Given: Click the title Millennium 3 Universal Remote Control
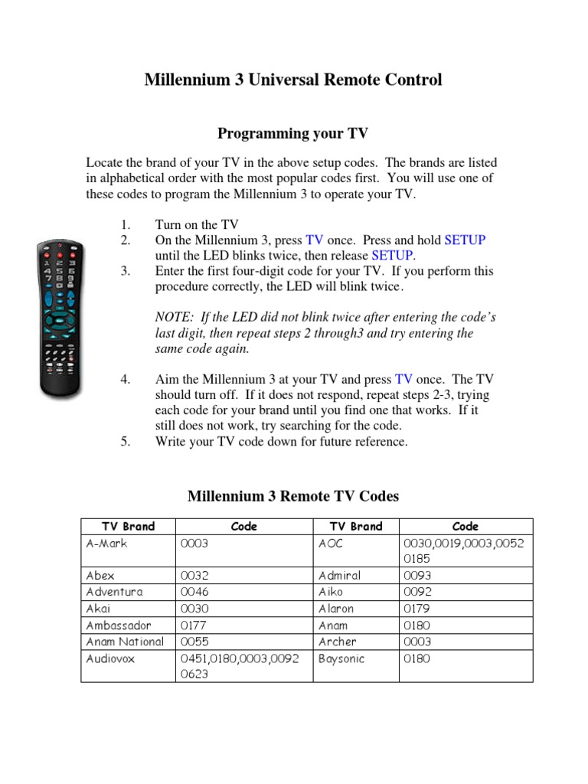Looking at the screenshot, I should [x=293, y=80].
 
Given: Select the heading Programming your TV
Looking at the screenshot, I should [x=293, y=134].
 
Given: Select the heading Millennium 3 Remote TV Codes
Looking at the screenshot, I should [x=293, y=497].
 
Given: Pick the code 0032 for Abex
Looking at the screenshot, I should [x=194, y=576].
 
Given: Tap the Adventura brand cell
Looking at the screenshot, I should [x=114, y=592].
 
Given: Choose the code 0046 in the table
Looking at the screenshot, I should [x=194, y=592].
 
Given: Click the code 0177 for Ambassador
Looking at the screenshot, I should [x=194, y=626].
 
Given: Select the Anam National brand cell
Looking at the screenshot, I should [x=125, y=642].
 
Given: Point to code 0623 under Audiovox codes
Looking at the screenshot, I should [x=194, y=675].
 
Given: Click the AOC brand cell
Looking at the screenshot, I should [x=331, y=543].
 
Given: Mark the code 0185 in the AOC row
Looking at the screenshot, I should [x=418, y=559].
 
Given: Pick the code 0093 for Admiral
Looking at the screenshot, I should [x=418, y=576].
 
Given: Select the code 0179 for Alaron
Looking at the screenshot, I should [x=418, y=609].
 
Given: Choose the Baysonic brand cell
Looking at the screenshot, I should [x=341, y=658].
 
